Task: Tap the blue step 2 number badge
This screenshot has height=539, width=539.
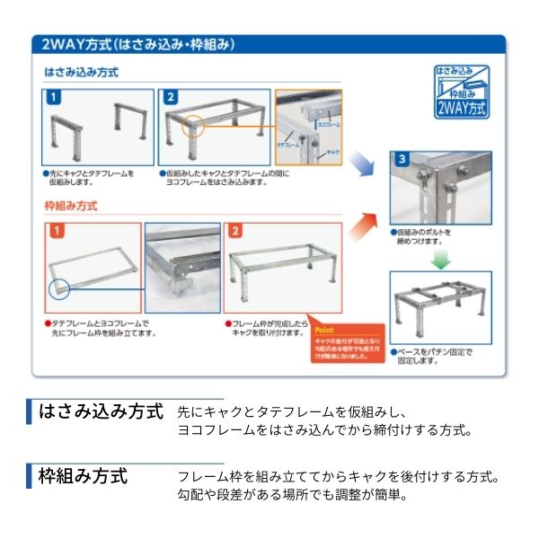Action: (171, 97)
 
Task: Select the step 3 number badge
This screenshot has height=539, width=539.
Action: (402, 160)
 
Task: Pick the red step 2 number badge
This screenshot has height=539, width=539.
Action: (236, 232)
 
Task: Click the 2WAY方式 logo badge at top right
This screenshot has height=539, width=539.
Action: (460, 93)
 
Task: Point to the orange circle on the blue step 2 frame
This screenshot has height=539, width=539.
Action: (193, 128)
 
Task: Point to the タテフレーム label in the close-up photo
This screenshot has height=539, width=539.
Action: (289, 144)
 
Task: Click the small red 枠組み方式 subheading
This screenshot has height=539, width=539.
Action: (71, 206)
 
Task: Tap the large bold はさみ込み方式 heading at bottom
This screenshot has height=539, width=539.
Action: (101, 411)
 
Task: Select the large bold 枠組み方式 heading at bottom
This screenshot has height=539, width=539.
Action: (83, 473)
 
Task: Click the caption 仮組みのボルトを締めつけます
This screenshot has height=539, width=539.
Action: (422, 237)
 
